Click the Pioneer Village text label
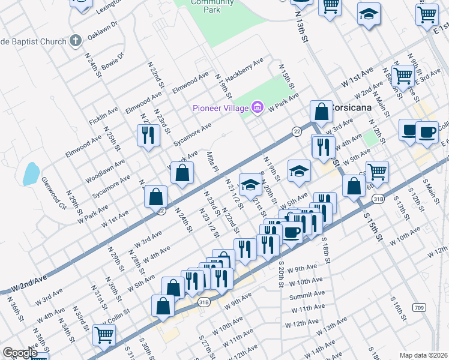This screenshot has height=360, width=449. click(220, 108)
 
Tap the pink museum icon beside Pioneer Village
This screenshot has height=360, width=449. click(257, 108)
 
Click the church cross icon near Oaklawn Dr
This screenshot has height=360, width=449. click(75, 40)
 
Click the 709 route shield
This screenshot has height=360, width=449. click(419, 308)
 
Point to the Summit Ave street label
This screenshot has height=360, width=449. click(306, 296)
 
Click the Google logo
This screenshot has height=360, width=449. click(20, 353)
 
